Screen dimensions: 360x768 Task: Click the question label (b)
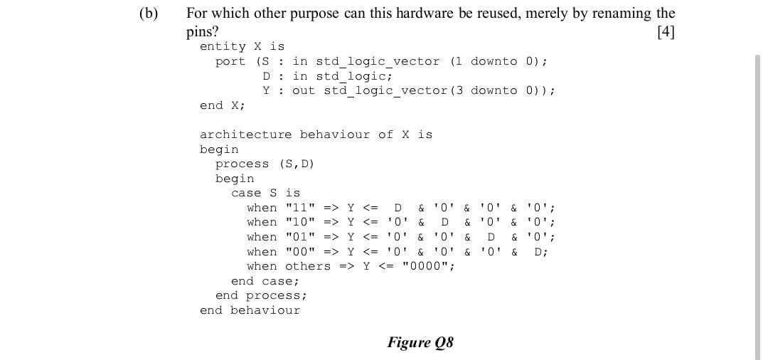(x=149, y=14)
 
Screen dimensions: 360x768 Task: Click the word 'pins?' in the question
(x=202, y=31)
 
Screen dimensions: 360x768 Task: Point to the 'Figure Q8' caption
(x=420, y=342)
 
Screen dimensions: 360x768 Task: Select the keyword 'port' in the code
(x=230, y=61)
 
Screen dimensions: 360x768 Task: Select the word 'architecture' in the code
(x=245, y=134)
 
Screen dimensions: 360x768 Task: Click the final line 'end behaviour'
(x=250, y=310)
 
